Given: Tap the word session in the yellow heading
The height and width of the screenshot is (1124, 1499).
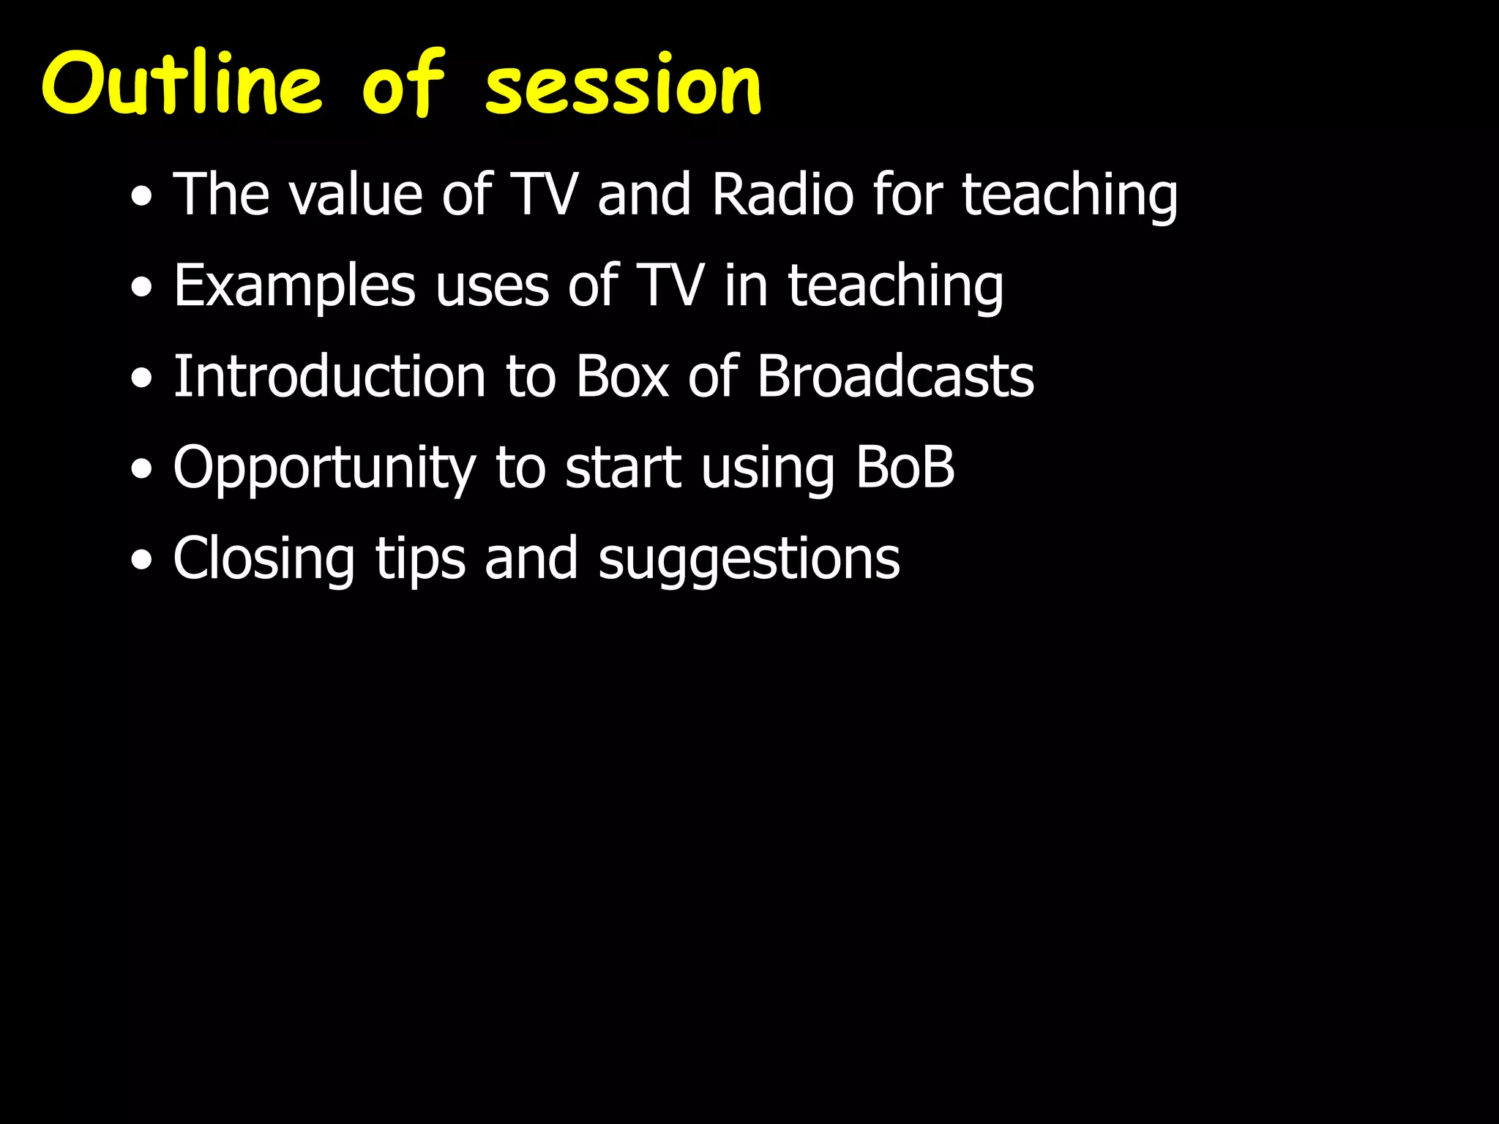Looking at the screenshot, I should click(623, 86).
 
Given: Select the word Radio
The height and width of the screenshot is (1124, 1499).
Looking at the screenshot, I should click(782, 195).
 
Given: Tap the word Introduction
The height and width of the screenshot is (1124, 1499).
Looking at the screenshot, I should click(329, 376).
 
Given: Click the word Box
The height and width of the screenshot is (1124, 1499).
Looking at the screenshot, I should click(622, 376).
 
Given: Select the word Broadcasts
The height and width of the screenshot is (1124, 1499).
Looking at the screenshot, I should click(895, 376).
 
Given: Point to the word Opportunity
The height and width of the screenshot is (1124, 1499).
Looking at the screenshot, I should click(324, 468).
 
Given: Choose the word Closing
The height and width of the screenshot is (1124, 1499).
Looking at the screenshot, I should click(263, 559).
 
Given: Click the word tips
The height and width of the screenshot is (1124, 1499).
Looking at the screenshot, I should click(420, 559).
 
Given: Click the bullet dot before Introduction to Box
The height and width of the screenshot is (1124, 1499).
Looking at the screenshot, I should click(142, 379).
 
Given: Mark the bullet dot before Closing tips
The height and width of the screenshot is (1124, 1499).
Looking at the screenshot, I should click(142, 561).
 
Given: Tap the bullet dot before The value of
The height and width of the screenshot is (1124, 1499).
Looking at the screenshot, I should click(142, 197).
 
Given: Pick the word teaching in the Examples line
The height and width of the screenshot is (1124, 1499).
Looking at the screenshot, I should click(895, 287).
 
